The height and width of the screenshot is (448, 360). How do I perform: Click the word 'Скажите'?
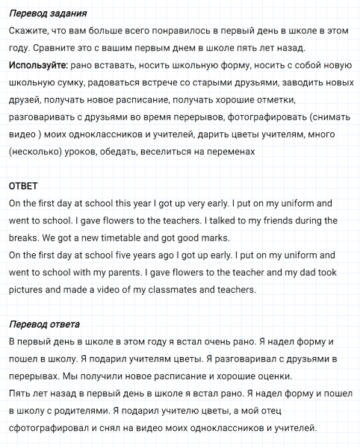click(31, 31)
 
